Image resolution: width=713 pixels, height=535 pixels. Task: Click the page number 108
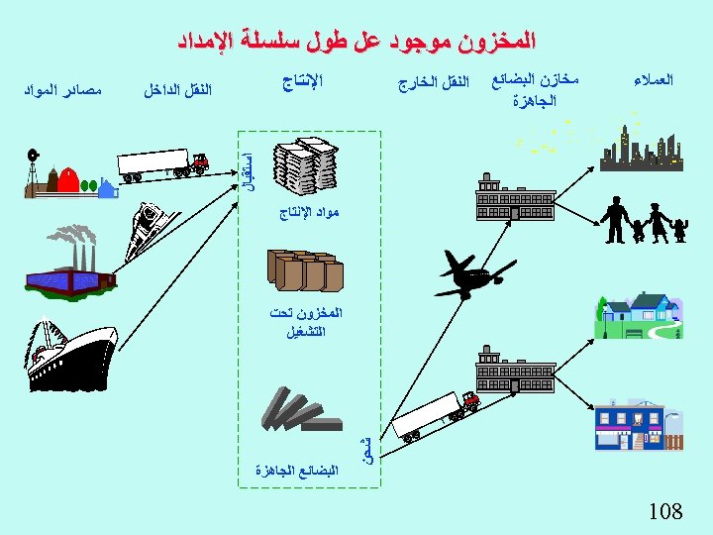pos(665,511)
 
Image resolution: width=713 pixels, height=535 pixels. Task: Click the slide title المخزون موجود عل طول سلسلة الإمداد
pos(356,42)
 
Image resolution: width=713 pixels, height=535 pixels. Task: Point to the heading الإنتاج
pos(300,80)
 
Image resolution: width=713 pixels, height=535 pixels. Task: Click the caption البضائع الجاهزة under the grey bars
pos(295,470)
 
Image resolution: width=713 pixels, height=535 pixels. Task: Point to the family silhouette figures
pos(641,220)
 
